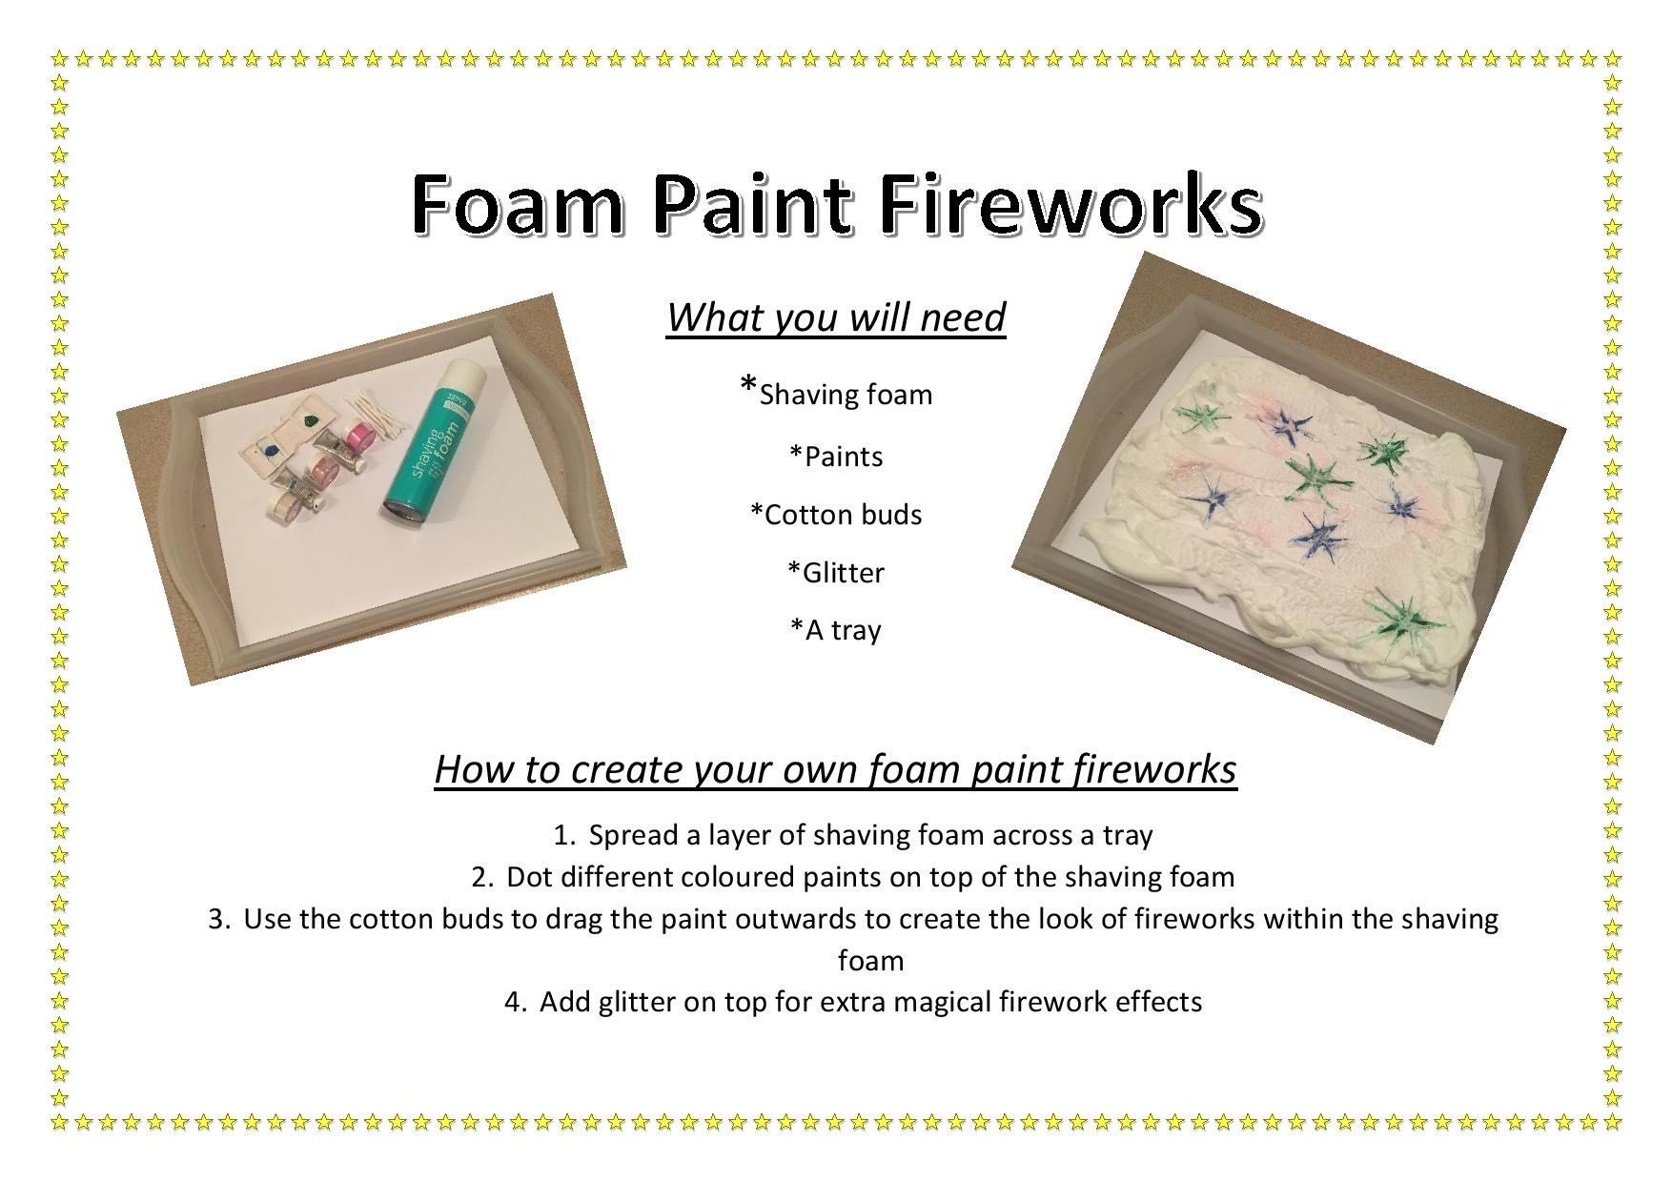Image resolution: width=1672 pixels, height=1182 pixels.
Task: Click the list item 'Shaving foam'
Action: [x=837, y=393]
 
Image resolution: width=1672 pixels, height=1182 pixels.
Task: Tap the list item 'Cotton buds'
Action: [x=836, y=515]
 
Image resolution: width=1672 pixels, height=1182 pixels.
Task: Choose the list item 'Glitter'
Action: [x=836, y=572]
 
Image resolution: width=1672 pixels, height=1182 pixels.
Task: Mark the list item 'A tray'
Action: [x=836, y=630]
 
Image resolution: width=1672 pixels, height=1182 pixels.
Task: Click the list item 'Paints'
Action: [x=836, y=457]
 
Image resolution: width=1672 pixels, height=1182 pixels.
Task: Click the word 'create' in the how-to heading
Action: [x=624, y=769]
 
